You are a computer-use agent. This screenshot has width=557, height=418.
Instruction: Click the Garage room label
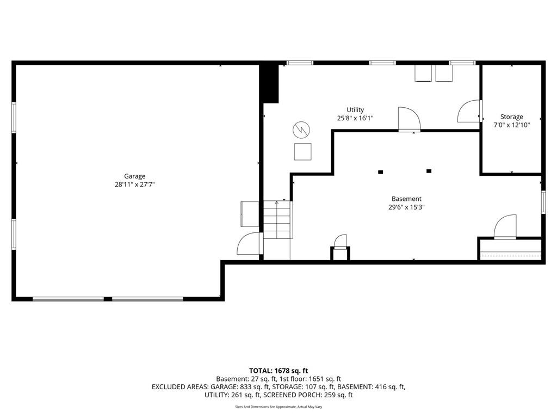[135, 176]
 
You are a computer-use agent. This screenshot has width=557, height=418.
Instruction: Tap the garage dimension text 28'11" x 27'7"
[135, 185]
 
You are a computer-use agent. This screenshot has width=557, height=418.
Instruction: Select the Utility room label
[355, 110]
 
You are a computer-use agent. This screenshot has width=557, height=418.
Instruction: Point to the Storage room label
[511, 116]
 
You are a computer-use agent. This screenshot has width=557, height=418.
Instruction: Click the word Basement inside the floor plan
[406, 199]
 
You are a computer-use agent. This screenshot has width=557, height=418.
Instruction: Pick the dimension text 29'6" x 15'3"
[406, 207]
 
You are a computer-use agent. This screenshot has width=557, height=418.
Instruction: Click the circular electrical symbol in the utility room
[301, 130]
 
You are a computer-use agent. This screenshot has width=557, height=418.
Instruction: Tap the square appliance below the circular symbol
[302, 152]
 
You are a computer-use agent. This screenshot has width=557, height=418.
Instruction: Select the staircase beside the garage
[277, 220]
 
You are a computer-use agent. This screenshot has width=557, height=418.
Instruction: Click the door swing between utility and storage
[469, 111]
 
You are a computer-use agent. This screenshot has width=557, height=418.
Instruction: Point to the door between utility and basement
[409, 119]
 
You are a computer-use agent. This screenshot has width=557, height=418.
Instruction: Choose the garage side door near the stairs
[249, 243]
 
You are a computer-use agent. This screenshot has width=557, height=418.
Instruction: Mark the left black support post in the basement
[380, 172]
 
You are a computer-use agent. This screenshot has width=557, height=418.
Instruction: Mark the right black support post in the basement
[429, 171]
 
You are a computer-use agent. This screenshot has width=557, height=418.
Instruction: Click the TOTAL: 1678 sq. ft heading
[278, 371]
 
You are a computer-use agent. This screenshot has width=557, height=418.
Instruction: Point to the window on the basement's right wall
[543, 202]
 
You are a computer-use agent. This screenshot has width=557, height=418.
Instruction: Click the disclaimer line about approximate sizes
[278, 407]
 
